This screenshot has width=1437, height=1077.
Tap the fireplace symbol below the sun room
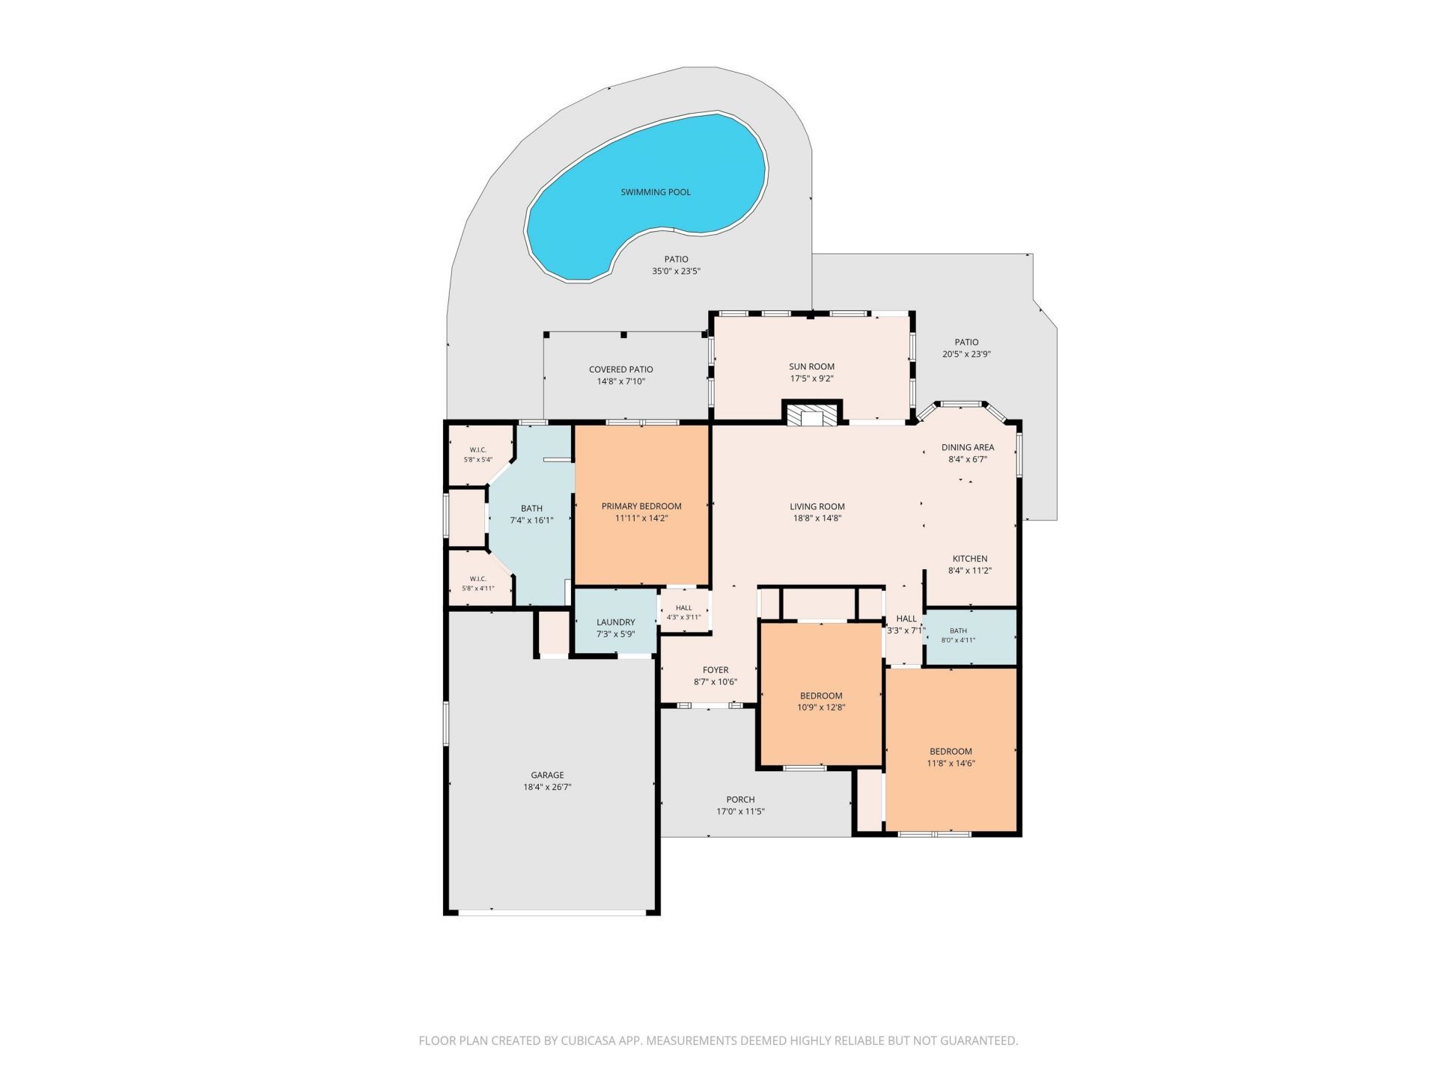point(812,414)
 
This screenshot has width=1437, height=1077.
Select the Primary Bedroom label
point(641,506)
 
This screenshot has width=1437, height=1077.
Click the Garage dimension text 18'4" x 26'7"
point(547,787)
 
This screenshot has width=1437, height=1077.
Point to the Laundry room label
point(616,622)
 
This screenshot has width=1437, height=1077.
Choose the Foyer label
point(716,670)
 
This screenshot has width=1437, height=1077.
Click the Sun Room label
point(812,366)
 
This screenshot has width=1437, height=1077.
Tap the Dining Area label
point(968,447)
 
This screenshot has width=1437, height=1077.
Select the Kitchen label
point(970,559)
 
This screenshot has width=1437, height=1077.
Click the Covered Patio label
point(621,369)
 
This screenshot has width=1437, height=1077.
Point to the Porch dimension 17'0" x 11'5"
point(741,811)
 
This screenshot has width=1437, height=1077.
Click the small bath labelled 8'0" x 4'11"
point(971,636)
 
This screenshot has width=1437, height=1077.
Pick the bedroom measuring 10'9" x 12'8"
point(821,693)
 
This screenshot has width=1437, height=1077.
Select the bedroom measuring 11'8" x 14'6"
point(951,749)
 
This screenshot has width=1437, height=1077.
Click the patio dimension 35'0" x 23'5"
point(676,271)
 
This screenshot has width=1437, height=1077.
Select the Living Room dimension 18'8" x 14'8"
point(817,518)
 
